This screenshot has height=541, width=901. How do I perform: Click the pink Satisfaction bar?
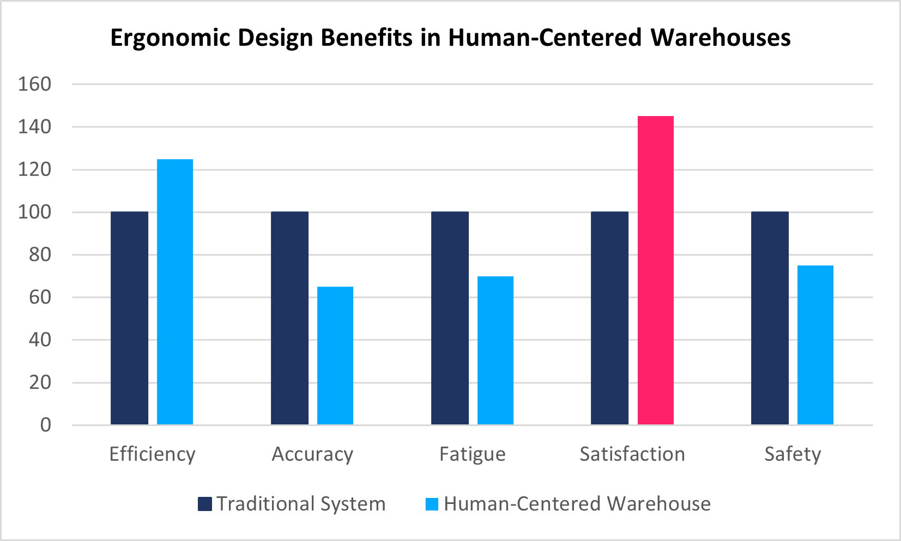pos(655,270)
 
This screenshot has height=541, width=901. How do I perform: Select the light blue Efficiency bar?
pos(175,292)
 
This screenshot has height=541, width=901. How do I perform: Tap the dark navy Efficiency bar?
pos(129,318)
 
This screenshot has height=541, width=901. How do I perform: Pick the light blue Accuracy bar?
pos(335,356)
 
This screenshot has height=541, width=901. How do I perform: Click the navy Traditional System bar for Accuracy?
pos(289,318)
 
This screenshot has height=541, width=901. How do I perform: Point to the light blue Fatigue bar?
pos(495,350)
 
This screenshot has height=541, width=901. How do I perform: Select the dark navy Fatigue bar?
pos(450,318)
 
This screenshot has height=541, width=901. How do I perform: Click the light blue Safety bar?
pos(815,345)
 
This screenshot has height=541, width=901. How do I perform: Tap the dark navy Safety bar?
pos(770,318)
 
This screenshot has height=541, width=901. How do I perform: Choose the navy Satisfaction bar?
pos(609,318)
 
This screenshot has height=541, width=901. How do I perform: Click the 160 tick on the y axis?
pos(34,84)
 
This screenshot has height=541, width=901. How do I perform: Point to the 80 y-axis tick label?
pos(40,255)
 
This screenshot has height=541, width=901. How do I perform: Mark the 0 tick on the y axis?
pos(46,425)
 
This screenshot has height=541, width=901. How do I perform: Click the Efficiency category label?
pos(152,454)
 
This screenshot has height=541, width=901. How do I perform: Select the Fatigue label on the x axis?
pos(473,454)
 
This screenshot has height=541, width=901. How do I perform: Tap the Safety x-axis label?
pos(793,454)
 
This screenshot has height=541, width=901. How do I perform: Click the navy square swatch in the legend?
pos(204,504)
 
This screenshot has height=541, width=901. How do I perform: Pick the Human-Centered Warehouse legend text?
pos(577,504)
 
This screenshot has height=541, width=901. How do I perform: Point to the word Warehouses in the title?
pos(721,38)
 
